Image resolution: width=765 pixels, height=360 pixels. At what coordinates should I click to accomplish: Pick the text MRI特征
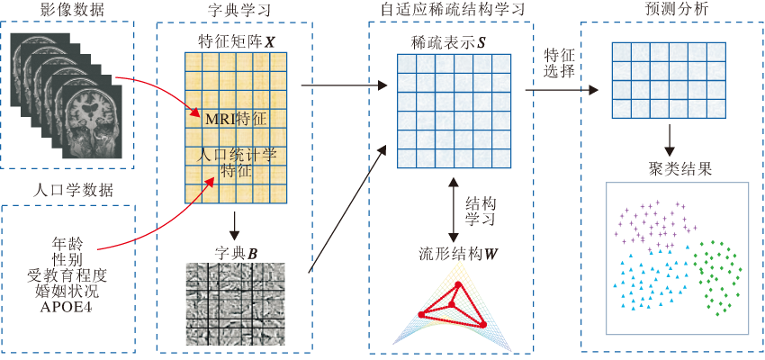235,119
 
